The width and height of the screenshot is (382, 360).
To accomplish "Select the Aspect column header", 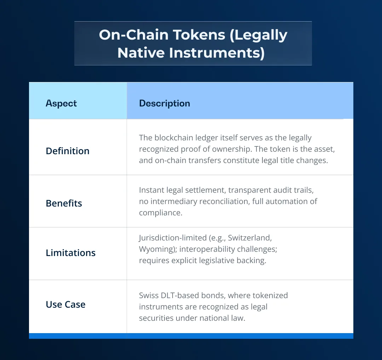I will tap(61, 103).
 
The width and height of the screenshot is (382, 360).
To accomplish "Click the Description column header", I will tap(164, 103).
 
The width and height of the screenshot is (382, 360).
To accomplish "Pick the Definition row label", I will tap(68, 151).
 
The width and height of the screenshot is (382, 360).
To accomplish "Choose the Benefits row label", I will tap(64, 203).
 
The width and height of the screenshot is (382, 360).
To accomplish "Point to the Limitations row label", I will tap(71, 253).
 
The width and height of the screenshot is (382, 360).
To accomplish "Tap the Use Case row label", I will tap(66, 304).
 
